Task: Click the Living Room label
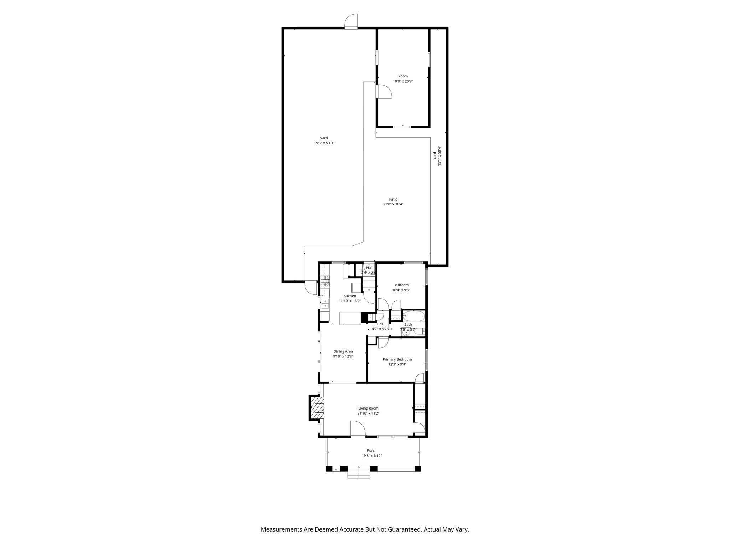coord(368,408)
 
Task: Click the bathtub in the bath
coord(413,316)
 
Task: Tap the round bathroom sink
coord(406,333)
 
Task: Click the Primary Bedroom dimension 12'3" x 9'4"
coord(397,364)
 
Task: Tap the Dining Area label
coord(343,351)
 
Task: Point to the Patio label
coord(393,199)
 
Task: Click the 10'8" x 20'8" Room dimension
coord(403,81)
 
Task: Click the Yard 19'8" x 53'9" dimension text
coord(324,143)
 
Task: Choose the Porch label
coord(371,451)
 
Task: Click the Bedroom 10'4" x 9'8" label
coord(401,288)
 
